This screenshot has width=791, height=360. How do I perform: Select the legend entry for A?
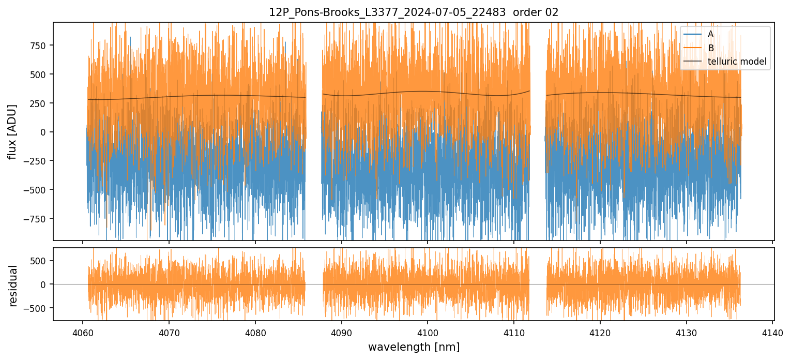(710, 34)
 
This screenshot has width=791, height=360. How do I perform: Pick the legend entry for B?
(710, 48)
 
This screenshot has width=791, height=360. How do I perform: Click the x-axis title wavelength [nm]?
(414, 347)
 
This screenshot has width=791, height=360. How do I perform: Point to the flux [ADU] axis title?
(12, 131)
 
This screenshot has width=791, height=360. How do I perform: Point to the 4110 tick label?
(513, 332)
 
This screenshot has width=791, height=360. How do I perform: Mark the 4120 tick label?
(600, 332)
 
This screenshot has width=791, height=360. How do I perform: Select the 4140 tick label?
(772, 332)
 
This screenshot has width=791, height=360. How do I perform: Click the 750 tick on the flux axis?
(40, 46)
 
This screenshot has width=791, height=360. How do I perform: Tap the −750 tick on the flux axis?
(37, 219)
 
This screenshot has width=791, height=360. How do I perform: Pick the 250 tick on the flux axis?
(40, 103)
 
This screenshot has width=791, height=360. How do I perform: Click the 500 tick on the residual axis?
(40, 261)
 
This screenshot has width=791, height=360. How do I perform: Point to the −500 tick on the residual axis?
(37, 308)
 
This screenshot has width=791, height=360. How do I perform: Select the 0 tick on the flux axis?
(45, 132)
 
